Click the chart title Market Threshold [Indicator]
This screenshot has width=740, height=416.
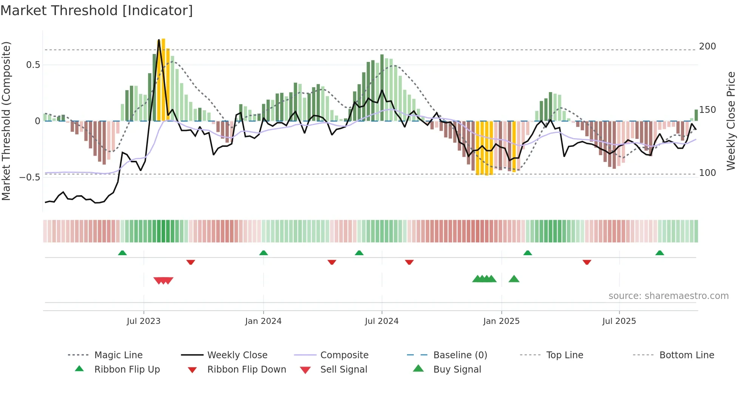[x=97, y=11]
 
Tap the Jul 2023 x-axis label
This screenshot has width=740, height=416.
[x=143, y=321]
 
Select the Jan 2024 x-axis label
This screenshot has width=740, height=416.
[x=263, y=321]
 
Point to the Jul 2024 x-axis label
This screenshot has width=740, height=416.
[x=381, y=321]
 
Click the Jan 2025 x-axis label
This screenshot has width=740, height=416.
[x=501, y=321]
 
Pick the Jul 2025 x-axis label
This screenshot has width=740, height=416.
[x=619, y=321]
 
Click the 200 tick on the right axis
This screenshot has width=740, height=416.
[x=707, y=46]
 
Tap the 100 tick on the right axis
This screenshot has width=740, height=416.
[x=707, y=173]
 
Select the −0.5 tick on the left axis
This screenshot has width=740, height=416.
[x=29, y=177]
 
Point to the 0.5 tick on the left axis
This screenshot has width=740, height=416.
[x=33, y=65]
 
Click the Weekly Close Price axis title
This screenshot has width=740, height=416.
[x=731, y=121]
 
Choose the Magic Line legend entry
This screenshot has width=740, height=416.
[x=118, y=355]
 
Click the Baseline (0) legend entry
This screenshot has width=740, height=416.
[x=460, y=355]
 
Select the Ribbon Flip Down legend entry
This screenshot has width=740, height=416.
[x=247, y=370]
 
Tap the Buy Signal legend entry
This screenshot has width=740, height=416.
[x=457, y=370]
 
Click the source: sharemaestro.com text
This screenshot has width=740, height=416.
[x=668, y=296]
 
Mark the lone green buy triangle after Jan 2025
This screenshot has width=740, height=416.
[x=514, y=279]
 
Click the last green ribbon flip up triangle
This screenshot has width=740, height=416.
[x=660, y=253]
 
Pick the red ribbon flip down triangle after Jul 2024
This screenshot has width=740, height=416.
[x=409, y=262]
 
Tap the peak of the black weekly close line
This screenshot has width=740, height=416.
[x=159, y=40]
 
